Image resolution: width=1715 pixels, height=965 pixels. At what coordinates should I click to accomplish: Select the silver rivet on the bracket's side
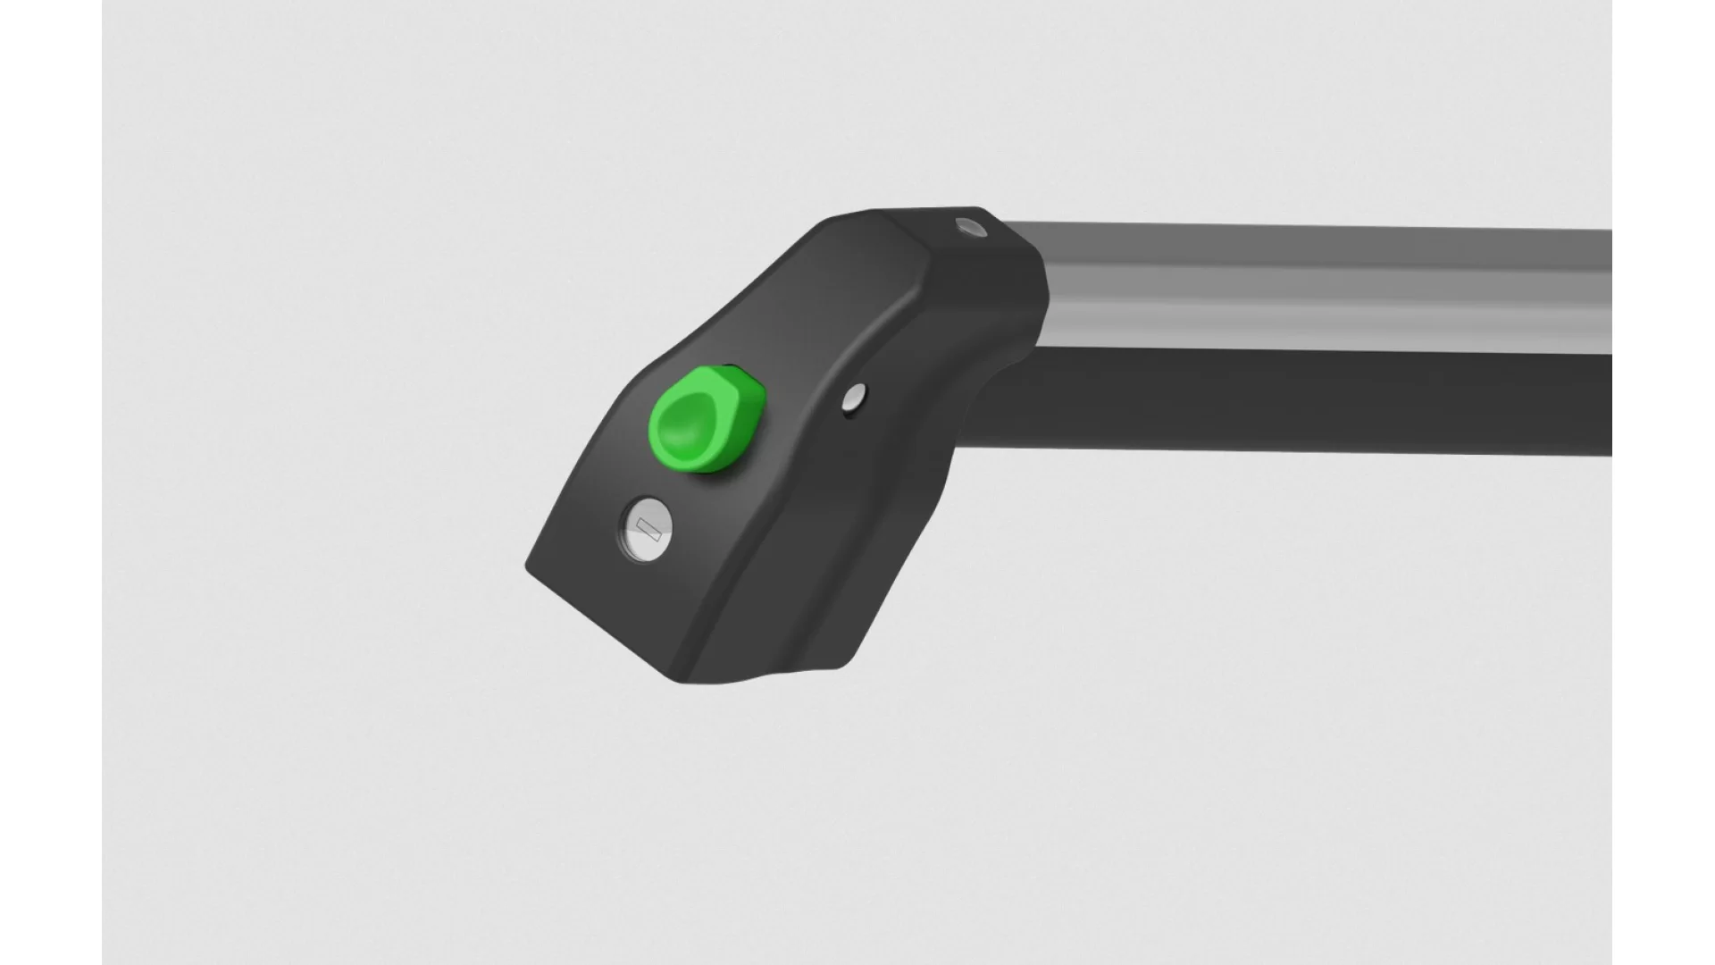click(x=854, y=397)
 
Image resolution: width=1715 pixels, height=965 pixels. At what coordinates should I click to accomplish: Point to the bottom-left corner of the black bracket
click(x=530, y=565)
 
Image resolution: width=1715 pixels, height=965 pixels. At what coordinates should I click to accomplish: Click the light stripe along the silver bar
click(x=1322, y=308)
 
